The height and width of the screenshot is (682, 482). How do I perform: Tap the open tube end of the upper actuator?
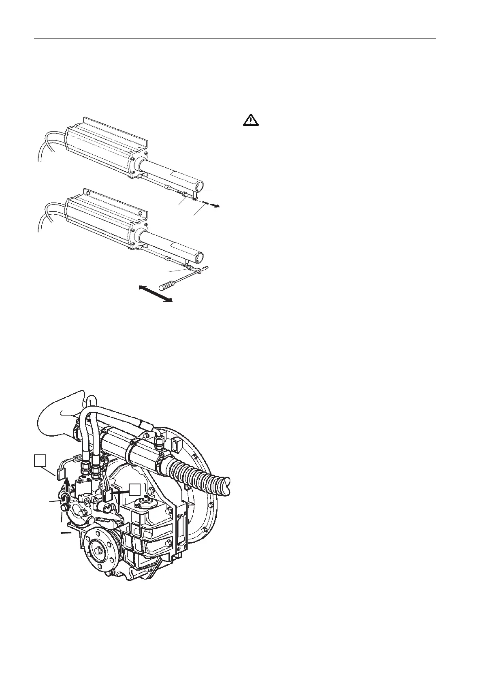coord(199,186)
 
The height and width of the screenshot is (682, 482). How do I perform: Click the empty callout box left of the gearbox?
coord(40,460)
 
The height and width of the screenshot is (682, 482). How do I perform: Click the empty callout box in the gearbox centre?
coord(135,489)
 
